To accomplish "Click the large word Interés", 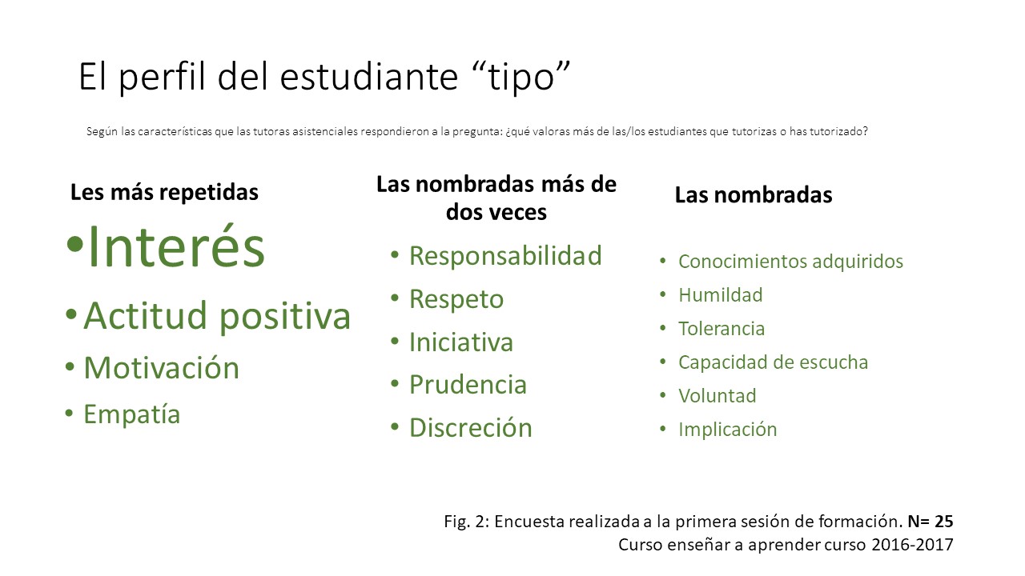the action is (176, 247).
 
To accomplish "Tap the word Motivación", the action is (162, 367).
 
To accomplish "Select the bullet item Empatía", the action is (132, 414).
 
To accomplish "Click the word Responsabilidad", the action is (505, 255).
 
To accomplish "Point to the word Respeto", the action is (456, 299).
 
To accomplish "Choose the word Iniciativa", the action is (460, 342).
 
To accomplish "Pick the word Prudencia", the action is (468, 385).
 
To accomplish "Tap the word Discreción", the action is (470, 427).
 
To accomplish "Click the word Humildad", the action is (720, 295).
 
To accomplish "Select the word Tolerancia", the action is (722, 329).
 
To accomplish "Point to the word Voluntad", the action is (717, 396).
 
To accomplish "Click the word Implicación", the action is (728, 430).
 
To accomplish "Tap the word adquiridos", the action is (858, 262).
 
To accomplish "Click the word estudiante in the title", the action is (369, 76).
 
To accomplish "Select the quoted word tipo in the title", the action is (521, 76).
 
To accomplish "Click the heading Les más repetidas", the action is (164, 193).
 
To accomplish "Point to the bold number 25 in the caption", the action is (943, 521).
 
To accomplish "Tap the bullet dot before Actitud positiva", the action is (71, 314).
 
